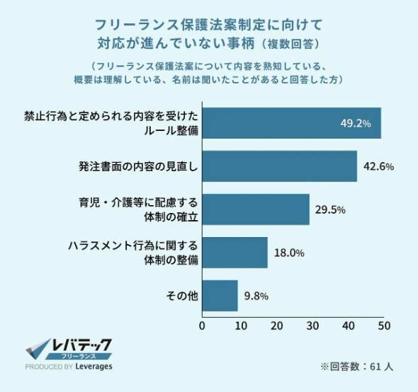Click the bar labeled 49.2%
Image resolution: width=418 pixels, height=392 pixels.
click(x=292, y=123)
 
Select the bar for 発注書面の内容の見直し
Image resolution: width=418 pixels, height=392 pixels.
click(x=280, y=166)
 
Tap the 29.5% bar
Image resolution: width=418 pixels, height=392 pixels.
click(x=256, y=209)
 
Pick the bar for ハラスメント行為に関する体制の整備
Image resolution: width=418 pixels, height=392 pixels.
click(x=235, y=253)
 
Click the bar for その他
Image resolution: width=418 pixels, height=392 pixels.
click(x=220, y=296)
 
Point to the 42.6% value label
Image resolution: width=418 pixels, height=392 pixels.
click(x=378, y=167)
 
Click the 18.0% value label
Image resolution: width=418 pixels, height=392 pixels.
click(x=289, y=253)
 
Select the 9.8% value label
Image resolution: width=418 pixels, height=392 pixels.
click(x=256, y=296)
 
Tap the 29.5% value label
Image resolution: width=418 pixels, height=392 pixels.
click(x=330, y=210)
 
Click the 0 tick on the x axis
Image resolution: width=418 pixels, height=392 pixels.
click(x=202, y=326)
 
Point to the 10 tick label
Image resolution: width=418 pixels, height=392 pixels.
click(x=240, y=326)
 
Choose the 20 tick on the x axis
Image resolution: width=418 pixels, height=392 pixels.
click(x=276, y=326)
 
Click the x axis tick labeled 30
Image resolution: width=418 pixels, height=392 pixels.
click(x=312, y=326)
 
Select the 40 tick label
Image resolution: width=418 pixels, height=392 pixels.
click(x=348, y=326)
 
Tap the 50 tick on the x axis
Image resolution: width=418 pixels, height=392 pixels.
click(x=384, y=326)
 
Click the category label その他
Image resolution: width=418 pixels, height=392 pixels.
click(x=182, y=296)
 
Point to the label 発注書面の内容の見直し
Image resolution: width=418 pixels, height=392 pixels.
click(x=138, y=166)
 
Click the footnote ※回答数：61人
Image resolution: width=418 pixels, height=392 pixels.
click(x=357, y=367)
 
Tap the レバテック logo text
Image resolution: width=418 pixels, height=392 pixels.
click(x=81, y=345)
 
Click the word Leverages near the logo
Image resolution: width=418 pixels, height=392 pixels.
click(x=94, y=367)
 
